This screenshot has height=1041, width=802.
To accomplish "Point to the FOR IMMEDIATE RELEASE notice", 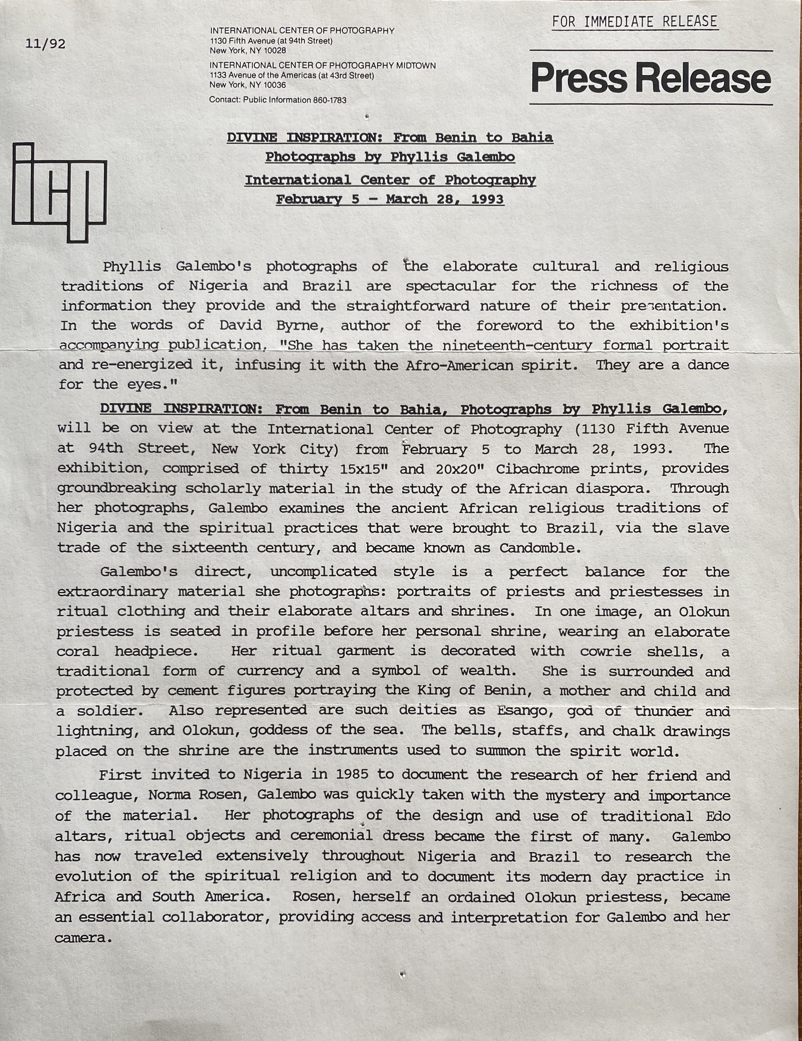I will (635, 22).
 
